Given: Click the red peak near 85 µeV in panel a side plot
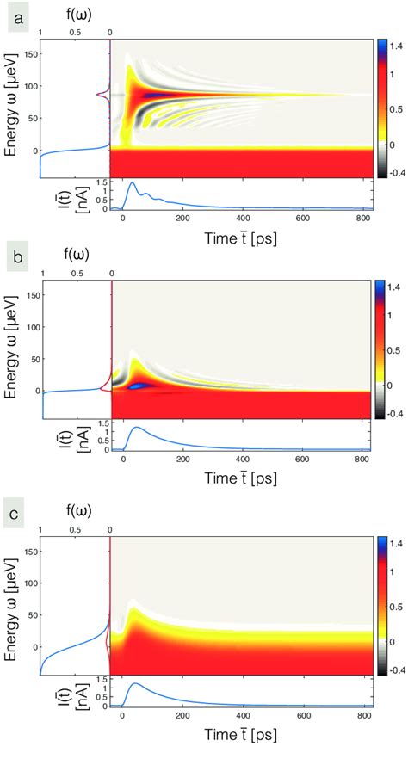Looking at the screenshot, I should [102, 96].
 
